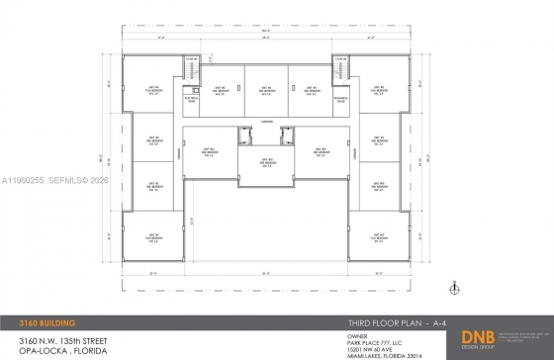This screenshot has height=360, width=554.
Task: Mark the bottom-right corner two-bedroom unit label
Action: pos(378,237)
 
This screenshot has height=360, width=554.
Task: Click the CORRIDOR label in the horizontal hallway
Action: pos(266,122)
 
